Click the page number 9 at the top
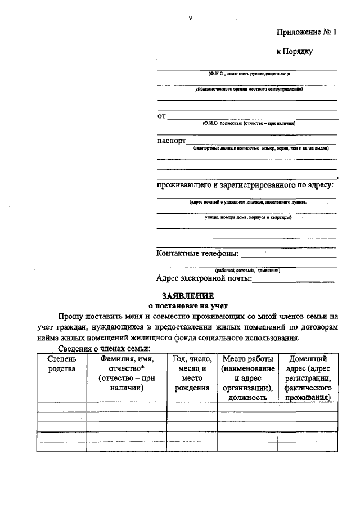click(x=191, y=19)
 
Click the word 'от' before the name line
click(x=161, y=116)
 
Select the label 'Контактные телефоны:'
click(x=197, y=253)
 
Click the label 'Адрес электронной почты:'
click(x=204, y=278)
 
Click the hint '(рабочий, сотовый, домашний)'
click(x=247, y=270)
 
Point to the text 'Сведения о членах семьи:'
click(x=103, y=349)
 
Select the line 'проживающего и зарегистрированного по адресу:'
click(x=245, y=185)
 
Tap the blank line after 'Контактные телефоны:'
click(x=288, y=256)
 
